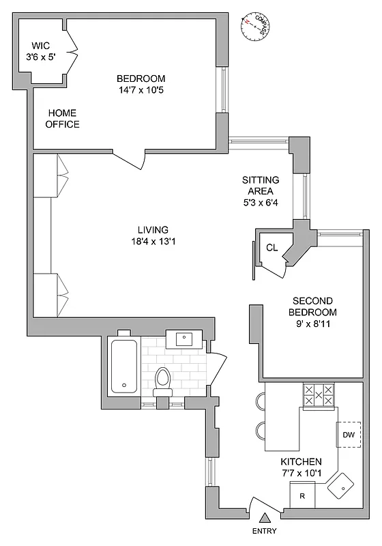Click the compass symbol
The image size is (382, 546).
tap(254, 24)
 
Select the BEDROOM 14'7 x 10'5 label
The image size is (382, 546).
tap(141, 83)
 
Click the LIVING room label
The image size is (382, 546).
tap(152, 235)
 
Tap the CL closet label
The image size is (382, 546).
tap(271, 248)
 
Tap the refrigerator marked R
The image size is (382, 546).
tap(302, 495)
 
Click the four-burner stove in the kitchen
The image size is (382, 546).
tap(319, 395)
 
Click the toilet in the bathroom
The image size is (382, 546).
tap(162, 381)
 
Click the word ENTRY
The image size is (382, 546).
tap(264, 531)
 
